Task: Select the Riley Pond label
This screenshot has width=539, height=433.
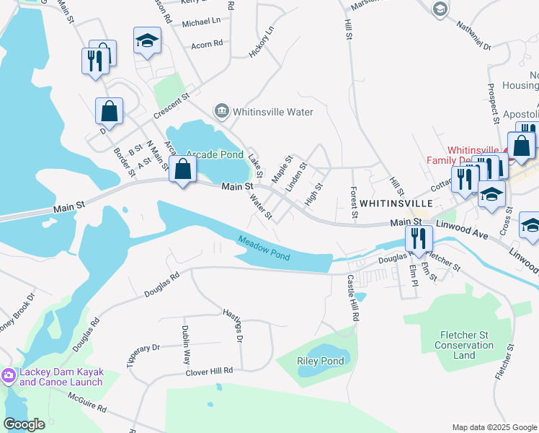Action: point(320,361)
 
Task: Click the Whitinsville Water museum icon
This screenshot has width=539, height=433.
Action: point(221,112)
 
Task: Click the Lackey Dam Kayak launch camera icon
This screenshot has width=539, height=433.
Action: point(8,375)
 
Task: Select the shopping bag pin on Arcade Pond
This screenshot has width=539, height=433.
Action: point(184,170)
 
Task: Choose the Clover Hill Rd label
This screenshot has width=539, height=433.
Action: point(210,371)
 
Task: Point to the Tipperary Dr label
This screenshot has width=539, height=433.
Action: point(143,357)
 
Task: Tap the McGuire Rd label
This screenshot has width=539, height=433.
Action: point(87,403)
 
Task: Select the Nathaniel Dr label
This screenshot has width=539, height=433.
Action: point(473,35)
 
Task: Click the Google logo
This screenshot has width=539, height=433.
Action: point(24,424)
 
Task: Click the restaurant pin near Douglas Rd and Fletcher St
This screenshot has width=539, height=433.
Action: point(418,237)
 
